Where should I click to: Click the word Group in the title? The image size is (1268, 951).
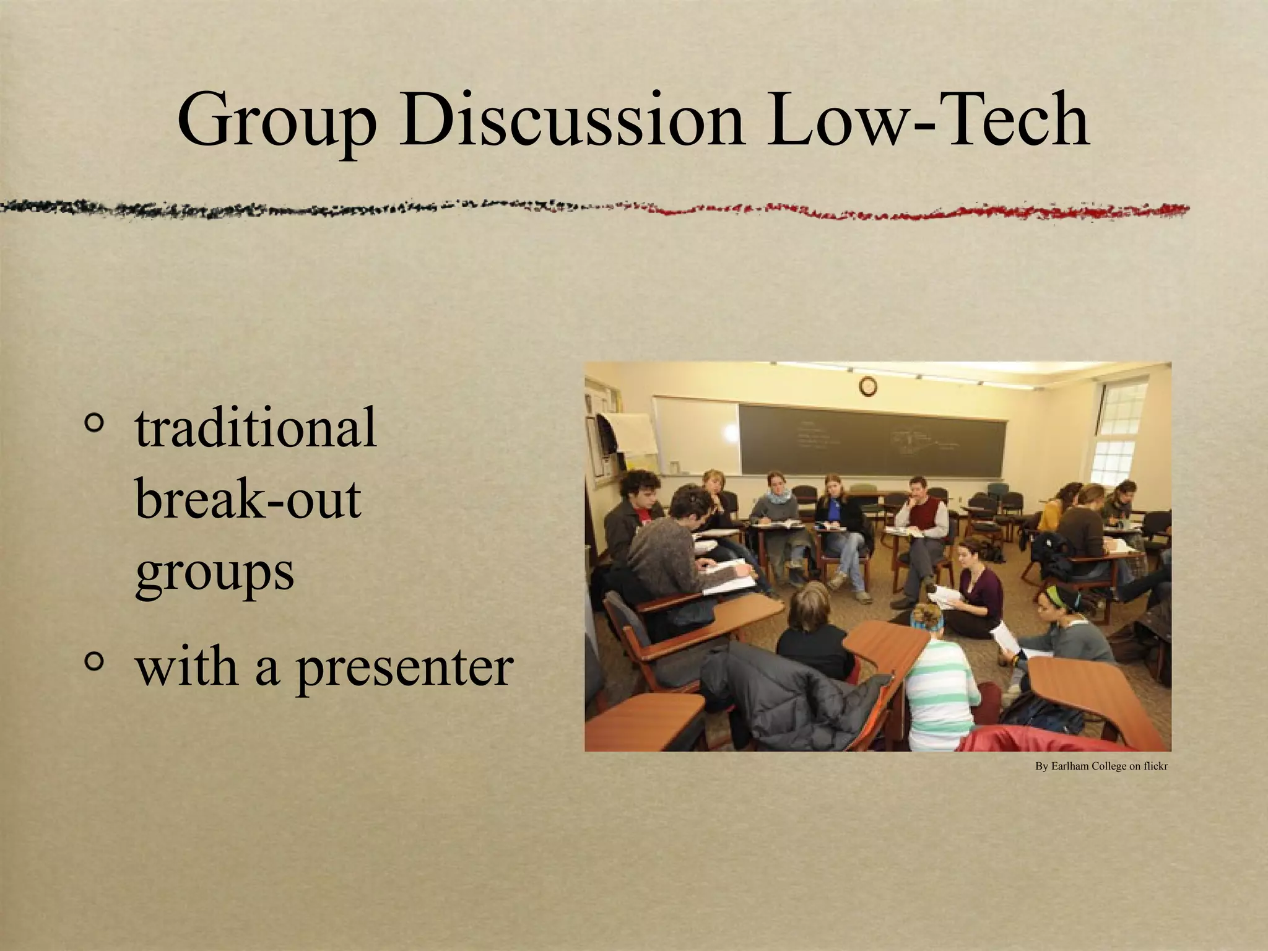[276, 121]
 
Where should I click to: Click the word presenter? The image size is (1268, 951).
[404, 669]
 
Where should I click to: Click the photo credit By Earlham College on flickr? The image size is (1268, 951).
[1101, 766]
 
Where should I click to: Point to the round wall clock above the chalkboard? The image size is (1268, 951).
[868, 386]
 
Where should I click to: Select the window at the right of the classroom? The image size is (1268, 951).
[1118, 433]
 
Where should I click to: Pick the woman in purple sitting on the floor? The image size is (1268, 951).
[978, 588]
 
